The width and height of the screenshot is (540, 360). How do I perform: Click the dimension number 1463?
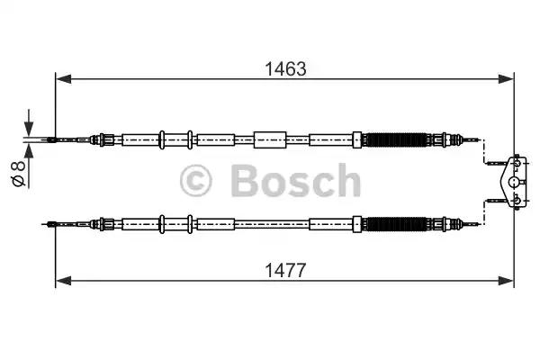coord(285,69)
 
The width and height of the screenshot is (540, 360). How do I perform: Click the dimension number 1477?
coord(285,270)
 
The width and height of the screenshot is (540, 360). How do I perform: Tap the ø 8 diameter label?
coord(19,174)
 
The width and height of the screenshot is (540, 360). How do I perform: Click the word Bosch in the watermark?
coord(295,181)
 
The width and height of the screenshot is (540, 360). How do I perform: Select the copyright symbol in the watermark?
coord(195,181)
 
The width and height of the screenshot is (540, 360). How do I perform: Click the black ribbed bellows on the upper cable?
coord(396,139)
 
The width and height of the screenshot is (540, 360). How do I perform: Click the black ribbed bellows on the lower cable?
coord(396,224)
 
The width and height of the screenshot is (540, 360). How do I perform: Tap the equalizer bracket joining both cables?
coord(514,182)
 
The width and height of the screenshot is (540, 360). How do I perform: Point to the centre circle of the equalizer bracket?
coord(514,182)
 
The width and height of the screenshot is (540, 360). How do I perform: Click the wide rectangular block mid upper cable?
coord(270,139)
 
